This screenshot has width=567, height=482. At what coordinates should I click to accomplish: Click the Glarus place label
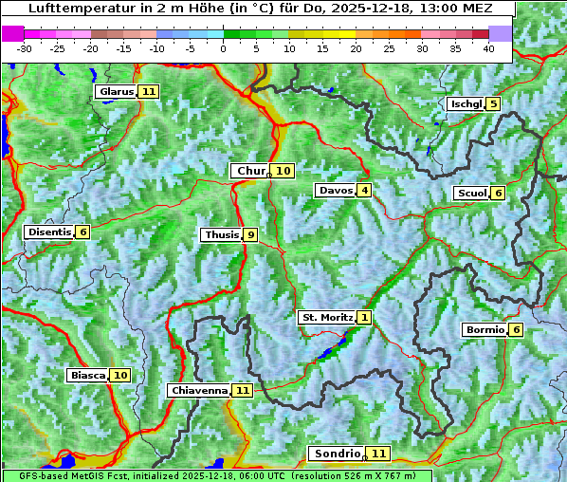pos(116,92)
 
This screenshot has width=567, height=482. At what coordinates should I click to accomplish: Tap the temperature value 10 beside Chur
pos(283,171)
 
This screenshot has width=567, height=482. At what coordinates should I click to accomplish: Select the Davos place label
pos(335,191)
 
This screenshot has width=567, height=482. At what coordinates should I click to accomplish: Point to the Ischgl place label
pos(466,103)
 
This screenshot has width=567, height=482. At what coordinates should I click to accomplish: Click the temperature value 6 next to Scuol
pos(498,194)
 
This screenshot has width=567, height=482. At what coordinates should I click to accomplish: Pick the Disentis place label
pos(49,232)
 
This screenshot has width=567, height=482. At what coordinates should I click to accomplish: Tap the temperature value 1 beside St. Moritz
pos(365,318)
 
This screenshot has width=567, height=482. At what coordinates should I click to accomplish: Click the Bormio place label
pos(484,330)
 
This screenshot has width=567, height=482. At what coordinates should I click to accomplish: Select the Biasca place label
pos(87,376)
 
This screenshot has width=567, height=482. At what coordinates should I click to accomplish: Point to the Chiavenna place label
pos(199,390)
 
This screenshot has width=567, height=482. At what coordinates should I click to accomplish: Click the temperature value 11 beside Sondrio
pos(378,454)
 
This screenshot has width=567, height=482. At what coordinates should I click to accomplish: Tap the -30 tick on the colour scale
pos(25,48)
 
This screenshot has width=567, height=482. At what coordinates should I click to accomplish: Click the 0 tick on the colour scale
pos(223,48)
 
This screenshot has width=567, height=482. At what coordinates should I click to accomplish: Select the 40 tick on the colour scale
pos(488,48)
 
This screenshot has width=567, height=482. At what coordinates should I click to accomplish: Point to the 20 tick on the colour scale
pos(356,48)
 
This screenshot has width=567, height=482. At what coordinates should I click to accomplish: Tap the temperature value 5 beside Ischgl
pos(493,103)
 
